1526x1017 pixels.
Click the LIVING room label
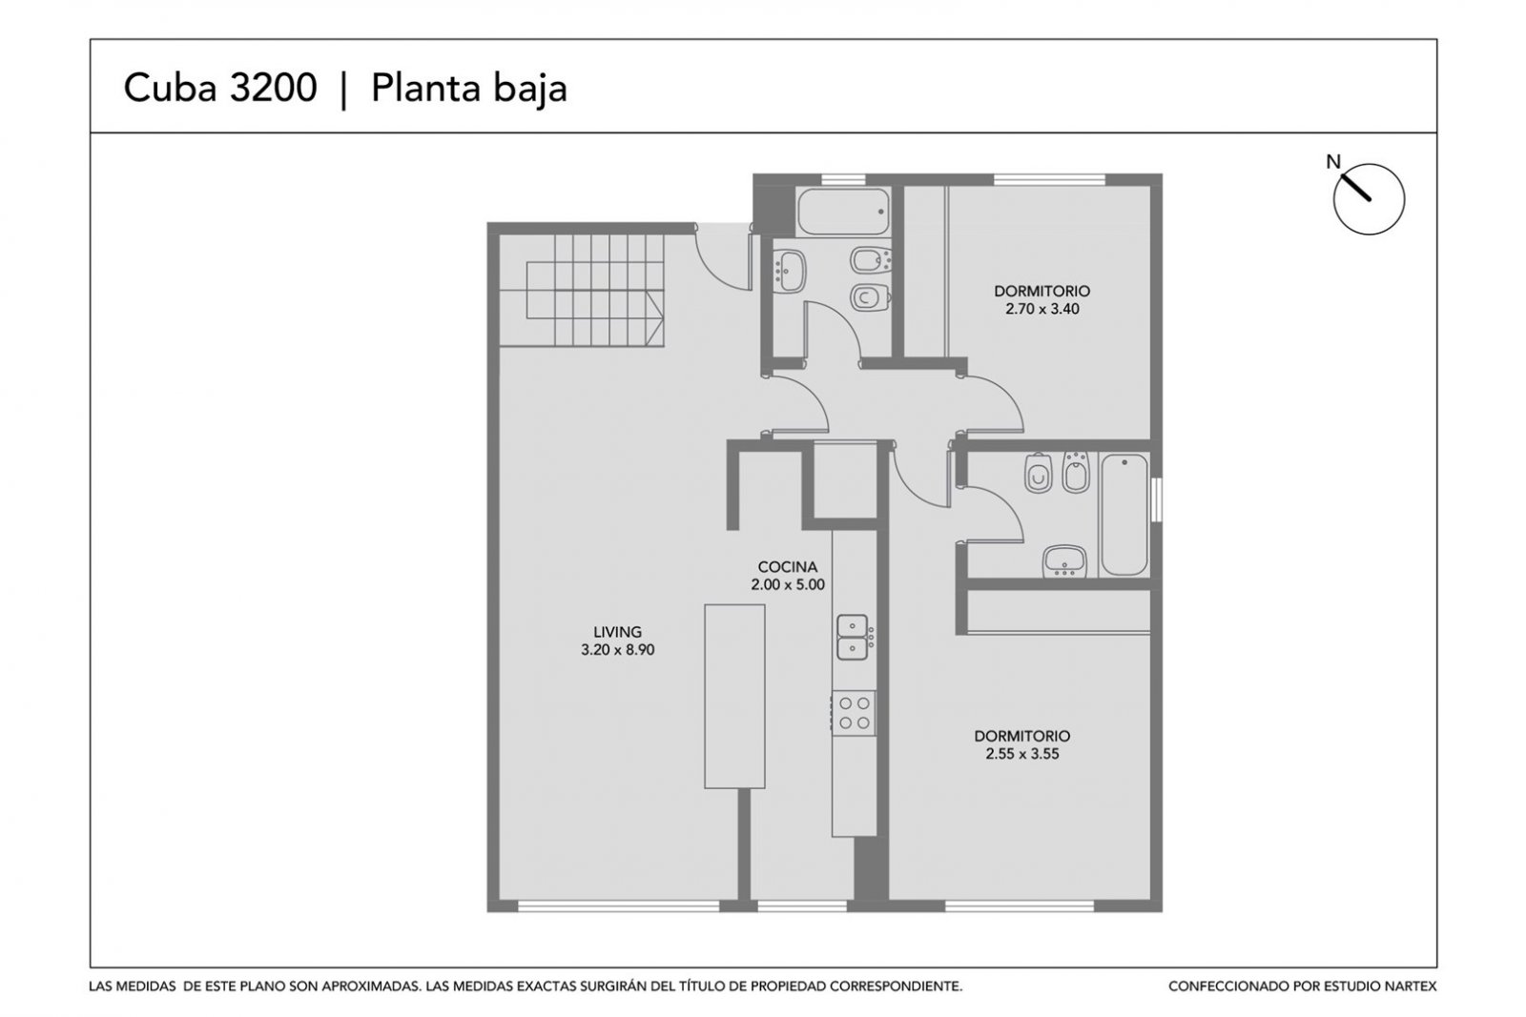(x=617, y=632)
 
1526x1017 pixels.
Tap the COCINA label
(x=788, y=566)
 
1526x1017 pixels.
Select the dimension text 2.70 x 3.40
(x=1042, y=309)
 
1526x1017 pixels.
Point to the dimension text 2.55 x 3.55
(x=1021, y=754)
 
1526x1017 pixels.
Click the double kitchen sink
(x=853, y=637)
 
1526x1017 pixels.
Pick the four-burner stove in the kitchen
(x=854, y=712)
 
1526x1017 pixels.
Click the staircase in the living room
(x=581, y=291)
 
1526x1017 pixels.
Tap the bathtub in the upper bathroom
(x=843, y=212)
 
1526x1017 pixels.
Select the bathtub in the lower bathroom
(x=1124, y=515)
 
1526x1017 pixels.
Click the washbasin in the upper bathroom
(x=790, y=271)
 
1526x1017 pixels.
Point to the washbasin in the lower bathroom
(x=1064, y=560)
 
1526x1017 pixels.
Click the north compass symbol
(x=1369, y=199)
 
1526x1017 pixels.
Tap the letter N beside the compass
(x=1333, y=162)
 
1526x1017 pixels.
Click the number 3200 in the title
(x=273, y=88)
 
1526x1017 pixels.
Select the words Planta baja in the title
(x=468, y=89)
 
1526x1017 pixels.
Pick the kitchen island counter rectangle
(x=734, y=697)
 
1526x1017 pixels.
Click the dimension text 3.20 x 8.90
(x=617, y=650)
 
